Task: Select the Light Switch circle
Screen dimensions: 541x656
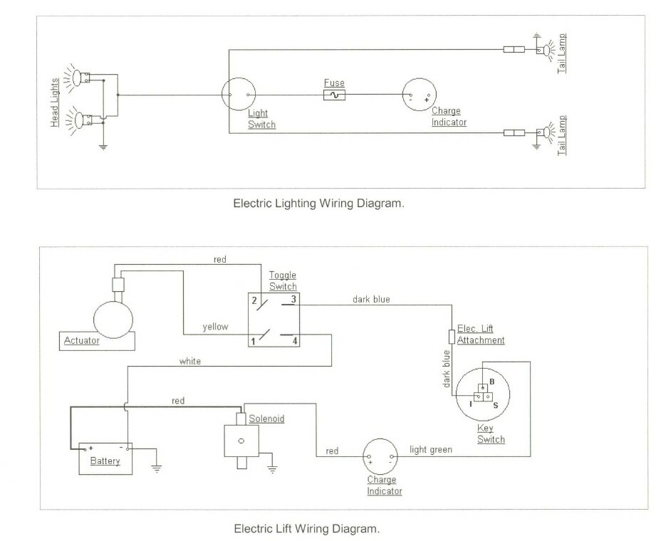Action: pos(238,95)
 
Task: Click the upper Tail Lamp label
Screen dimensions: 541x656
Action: pos(562,49)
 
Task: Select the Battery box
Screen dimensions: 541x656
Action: pos(105,456)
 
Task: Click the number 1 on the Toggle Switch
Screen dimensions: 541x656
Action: pos(252,340)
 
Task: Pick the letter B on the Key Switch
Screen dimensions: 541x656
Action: pos(492,382)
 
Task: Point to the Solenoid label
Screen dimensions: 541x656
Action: pos(266,419)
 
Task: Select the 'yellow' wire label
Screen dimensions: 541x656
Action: pos(214,327)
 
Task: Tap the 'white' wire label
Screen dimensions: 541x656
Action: pos(189,361)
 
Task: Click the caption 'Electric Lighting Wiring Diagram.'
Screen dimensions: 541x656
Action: pos(319,203)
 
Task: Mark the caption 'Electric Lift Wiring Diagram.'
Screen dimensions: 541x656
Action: pos(307,529)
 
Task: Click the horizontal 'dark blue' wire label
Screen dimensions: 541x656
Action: pos(373,299)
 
